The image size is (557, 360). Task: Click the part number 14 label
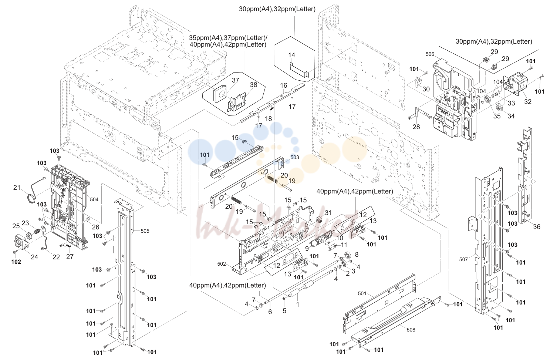(291, 55)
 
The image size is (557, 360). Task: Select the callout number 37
(235, 80)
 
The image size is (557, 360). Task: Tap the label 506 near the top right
(430, 54)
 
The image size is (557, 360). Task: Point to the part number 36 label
(537, 227)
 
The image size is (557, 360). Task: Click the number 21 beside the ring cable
(17, 187)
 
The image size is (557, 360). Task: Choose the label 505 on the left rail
(145, 231)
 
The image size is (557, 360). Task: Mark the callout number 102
(16, 262)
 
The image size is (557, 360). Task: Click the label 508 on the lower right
(411, 330)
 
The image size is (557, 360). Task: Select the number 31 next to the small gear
(328, 213)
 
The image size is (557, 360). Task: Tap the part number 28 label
(416, 127)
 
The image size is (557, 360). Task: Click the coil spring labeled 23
(37, 231)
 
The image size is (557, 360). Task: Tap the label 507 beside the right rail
(463, 259)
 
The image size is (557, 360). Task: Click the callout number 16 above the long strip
(283, 85)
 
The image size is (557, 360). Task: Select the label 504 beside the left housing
(94, 199)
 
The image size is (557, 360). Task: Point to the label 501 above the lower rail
(362, 293)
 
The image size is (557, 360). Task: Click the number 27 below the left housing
(70, 256)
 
